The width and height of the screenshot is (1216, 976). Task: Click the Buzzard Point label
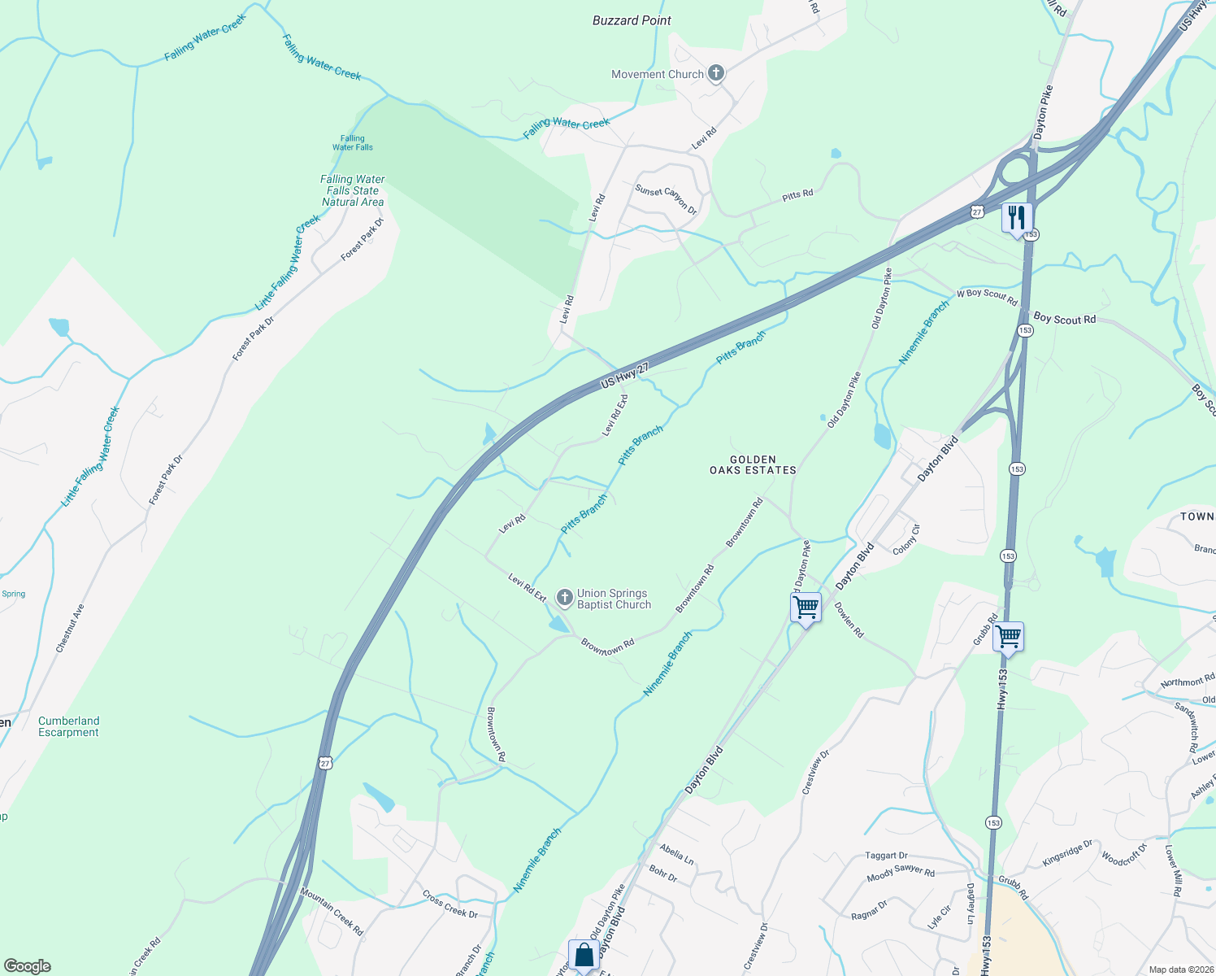[632, 20]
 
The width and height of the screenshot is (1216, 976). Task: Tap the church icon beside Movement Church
[716, 74]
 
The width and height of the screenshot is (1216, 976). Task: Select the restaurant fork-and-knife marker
[1017, 218]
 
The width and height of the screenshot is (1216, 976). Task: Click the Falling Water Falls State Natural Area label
[353, 190]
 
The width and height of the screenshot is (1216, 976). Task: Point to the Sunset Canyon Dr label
[666, 199]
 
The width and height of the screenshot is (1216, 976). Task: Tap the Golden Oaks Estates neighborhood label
[753, 465]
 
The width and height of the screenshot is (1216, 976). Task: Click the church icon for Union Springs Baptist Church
[564, 599]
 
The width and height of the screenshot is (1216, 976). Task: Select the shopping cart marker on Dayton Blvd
[806, 608]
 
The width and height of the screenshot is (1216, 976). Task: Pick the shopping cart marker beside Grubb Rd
[1008, 637]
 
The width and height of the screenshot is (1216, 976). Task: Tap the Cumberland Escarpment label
[69, 726]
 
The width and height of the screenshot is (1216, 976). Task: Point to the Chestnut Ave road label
[70, 628]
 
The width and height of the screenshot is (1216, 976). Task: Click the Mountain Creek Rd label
[332, 911]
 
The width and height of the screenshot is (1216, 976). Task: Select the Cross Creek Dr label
[450, 904]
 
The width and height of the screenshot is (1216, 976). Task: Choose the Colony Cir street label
[906, 540]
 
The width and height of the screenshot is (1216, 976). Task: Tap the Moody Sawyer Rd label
[901, 873]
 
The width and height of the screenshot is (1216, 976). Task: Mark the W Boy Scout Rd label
[987, 297]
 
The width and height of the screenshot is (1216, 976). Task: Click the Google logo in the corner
[28, 966]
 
